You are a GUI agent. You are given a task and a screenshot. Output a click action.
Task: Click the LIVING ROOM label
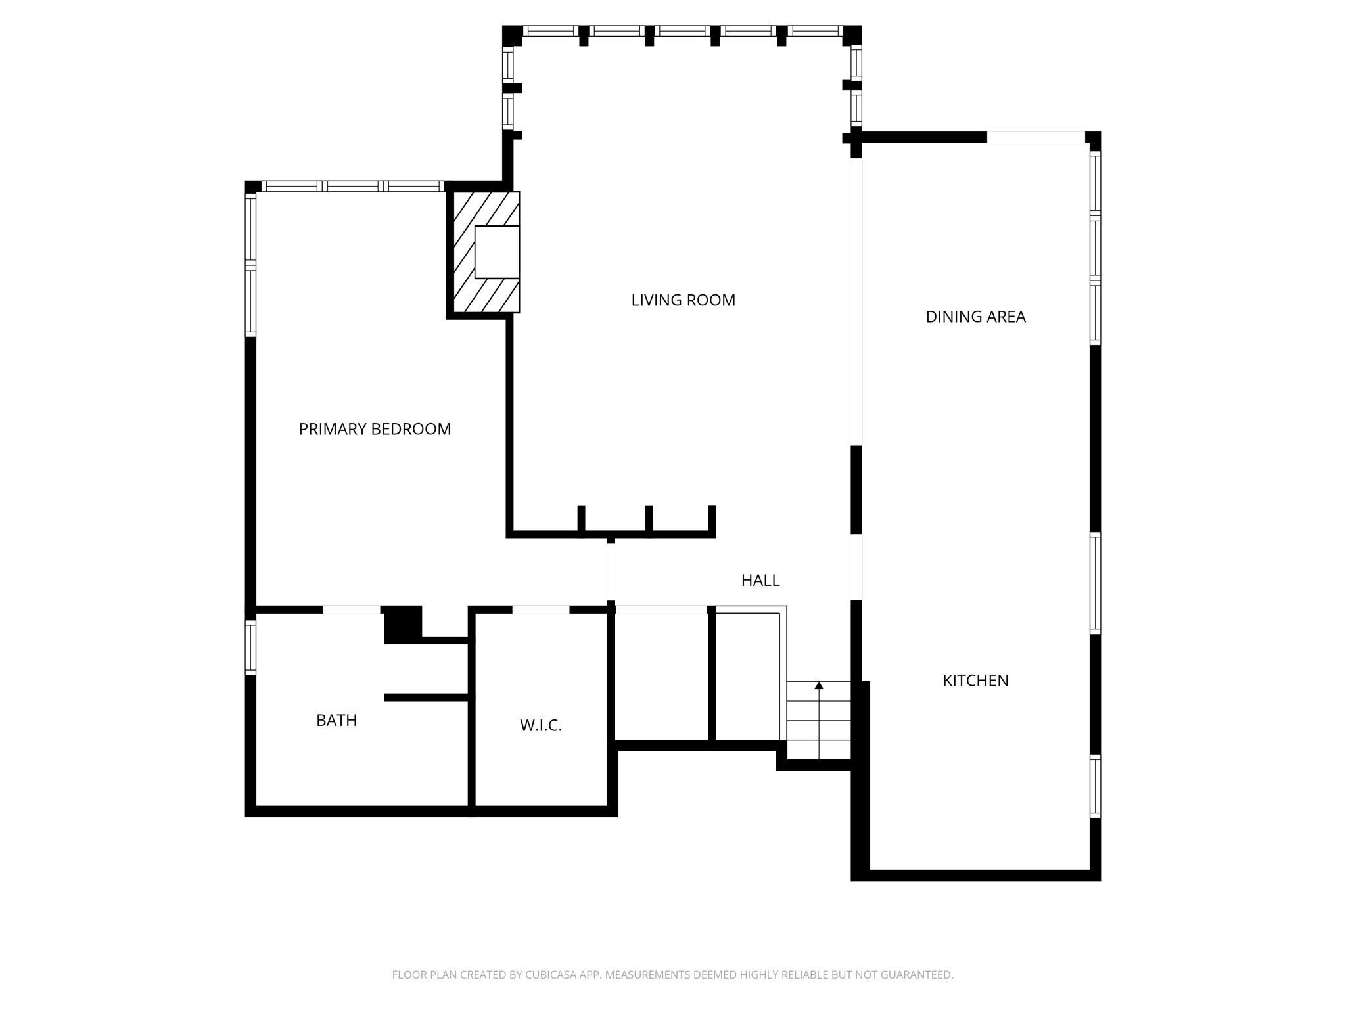coord(683,300)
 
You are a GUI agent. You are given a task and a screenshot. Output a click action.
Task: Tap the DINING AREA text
coord(975,317)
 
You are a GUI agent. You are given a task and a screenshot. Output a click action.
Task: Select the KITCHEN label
coord(975,681)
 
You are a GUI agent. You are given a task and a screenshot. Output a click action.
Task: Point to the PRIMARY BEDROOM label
coord(375,429)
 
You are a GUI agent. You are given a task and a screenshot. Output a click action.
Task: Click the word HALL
coord(760,580)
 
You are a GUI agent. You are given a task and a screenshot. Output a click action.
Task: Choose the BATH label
coord(336,720)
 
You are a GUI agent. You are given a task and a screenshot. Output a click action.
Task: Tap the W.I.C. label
coord(541,725)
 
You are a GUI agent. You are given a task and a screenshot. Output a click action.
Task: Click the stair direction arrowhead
coord(819,686)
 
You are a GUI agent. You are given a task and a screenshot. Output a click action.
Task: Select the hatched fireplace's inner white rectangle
coord(497,252)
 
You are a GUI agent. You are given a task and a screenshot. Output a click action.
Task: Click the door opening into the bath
coord(352,610)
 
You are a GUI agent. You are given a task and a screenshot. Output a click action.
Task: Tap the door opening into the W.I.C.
coord(540,610)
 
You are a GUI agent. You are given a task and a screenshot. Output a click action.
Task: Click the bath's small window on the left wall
coord(250,647)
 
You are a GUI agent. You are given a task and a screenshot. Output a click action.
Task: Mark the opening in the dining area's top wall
coord(1036,137)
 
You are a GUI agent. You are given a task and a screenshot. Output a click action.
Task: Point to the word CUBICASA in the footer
coord(551,975)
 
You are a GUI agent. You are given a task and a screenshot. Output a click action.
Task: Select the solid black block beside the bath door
coord(402,623)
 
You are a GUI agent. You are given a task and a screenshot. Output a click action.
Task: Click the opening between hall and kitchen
coord(856,567)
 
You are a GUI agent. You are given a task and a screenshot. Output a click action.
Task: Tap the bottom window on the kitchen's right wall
coord(1095,786)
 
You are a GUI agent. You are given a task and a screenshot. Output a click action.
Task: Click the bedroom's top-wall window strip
coord(352,186)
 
